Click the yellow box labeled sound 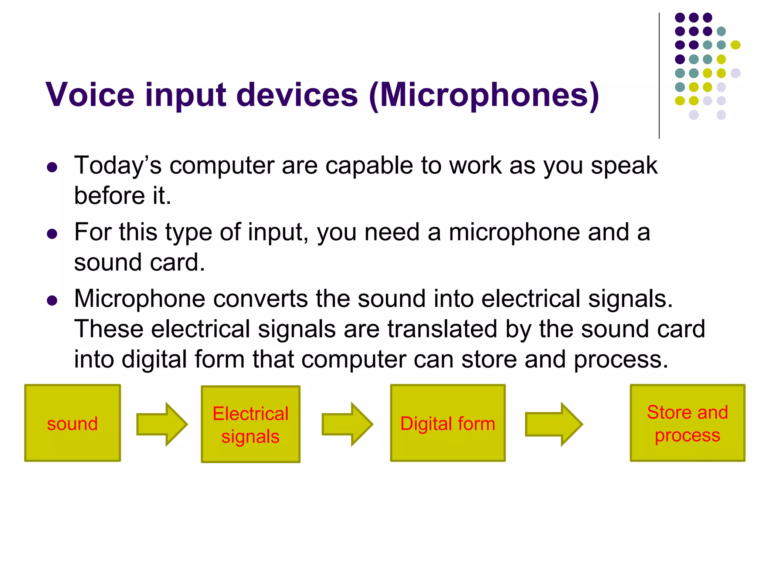pos(72,423)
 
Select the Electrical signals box pos(250,424)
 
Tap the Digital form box pos(448,423)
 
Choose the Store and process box pos(687,423)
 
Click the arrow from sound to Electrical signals pos(162,424)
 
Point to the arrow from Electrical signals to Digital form pos(347,424)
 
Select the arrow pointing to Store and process pos(553,424)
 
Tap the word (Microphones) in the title pos(484,95)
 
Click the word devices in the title pos(297,95)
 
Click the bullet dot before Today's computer pos(52,168)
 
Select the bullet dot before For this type pos(52,234)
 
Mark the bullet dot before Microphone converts pos(52,301)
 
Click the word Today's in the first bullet pos(118,165)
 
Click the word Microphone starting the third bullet pos(139,298)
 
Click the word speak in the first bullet pos(624,166)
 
